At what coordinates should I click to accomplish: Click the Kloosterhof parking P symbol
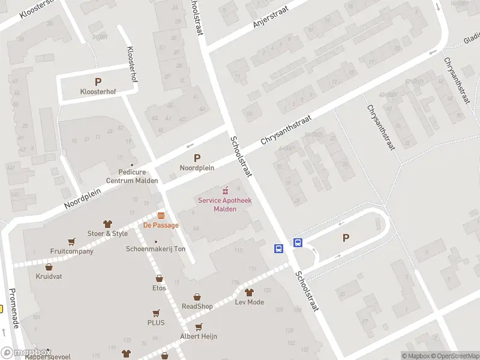[98, 82]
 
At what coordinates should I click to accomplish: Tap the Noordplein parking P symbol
[197, 158]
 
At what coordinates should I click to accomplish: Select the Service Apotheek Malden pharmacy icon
[226, 190]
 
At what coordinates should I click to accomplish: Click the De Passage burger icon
[161, 215]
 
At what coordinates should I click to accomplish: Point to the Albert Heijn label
[199, 337]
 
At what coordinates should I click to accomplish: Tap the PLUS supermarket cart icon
[156, 313]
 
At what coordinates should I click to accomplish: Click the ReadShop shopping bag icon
[197, 297]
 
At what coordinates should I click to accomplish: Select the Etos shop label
[159, 288]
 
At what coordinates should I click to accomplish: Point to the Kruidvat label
[49, 277]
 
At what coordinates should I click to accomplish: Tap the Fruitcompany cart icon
[72, 242]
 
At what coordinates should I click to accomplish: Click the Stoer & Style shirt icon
[108, 224]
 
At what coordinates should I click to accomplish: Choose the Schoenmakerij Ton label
[155, 249]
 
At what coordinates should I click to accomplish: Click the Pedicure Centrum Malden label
[132, 176]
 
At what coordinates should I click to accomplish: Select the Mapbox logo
[26, 353]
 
